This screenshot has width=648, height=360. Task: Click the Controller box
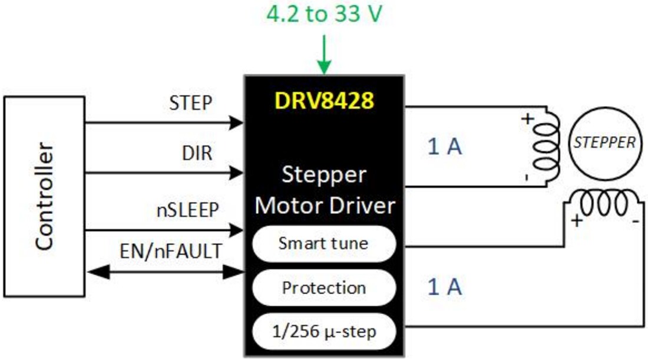click(x=44, y=196)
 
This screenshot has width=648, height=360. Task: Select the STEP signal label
click(x=190, y=103)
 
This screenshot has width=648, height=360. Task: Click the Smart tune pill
click(x=323, y=243)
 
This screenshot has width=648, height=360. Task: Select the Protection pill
click(x=323, y=288)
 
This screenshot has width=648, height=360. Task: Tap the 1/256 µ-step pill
click(x=323, y=332)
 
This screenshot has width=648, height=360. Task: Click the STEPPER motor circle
click(x=605, y=143)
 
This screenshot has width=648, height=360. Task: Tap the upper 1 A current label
click(x=445, y=147)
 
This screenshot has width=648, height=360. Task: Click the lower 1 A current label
click(x=445, y=287)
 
